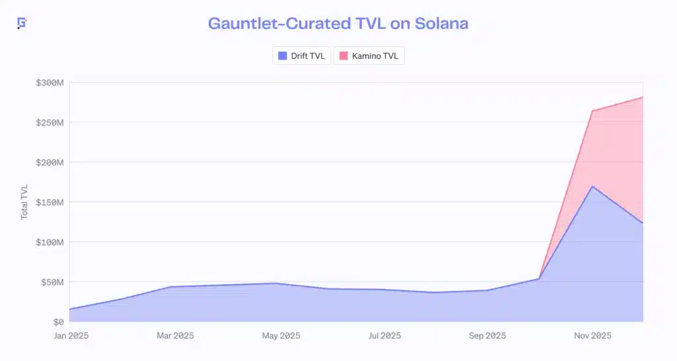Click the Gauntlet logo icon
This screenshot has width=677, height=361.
click(22, 23)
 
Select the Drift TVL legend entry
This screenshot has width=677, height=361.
click(301, 56)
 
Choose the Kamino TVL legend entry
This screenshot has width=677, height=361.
click(368, 56)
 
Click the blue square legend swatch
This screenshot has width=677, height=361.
click(283, 56)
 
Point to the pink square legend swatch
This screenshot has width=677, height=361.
click(344, 56)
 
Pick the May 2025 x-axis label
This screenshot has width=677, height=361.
click(280, 336)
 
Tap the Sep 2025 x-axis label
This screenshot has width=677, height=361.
click(487, 336)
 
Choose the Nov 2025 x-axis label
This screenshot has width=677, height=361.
click(592, 336)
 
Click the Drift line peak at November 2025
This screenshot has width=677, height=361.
click(592, 186)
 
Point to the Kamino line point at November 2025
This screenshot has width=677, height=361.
click(592, 111)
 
